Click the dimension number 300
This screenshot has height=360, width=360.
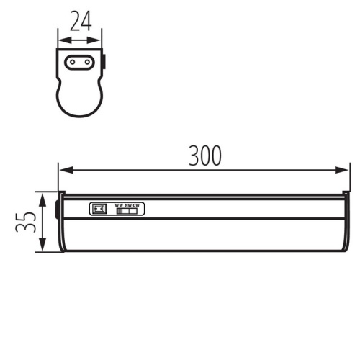tap(204, 155)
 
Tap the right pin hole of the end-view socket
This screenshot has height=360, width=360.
tap(88, 62)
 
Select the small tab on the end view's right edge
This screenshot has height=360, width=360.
tap(103, 63)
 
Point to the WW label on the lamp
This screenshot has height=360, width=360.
tap(119, 205)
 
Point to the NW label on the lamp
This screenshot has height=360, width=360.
tap(127, 205)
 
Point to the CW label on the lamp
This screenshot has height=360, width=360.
tap(136, 205)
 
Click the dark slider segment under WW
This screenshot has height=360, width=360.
tap(120, 212)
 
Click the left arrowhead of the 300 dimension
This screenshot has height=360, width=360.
tap(63, 171)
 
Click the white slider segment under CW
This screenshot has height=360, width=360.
tap(136, 212)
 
